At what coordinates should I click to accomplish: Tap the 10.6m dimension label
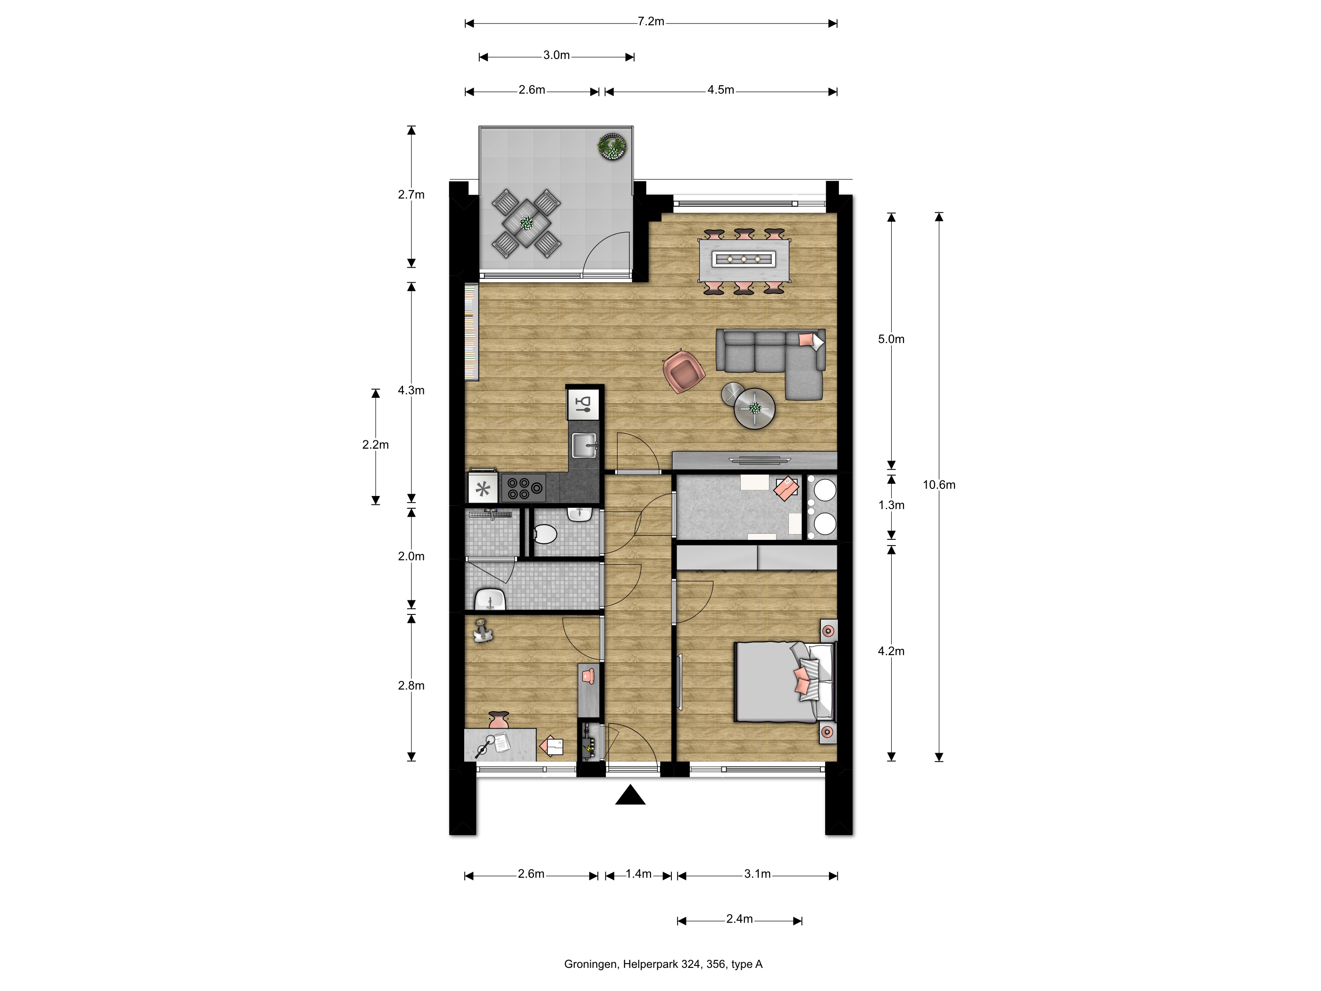(x=939, y=485)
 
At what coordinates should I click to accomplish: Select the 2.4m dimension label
(x=739, y=919)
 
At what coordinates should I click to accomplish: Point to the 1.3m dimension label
(x=891, y=505)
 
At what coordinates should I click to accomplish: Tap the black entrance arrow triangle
(x=630, y=795)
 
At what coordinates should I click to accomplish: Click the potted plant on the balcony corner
(x=613, y=146)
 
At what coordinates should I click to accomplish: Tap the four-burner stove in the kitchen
(x=524, y=488)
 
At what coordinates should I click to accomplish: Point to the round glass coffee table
(x=754, y=409)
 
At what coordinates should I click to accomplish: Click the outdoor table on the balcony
(x=526, y=223)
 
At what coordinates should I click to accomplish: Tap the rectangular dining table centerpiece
(x=744, y=259)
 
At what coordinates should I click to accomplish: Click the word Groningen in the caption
(x=591, y=964)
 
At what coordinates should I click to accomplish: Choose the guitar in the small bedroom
(x=483, y=631)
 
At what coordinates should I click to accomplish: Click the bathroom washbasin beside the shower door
(x=490, y=599)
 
